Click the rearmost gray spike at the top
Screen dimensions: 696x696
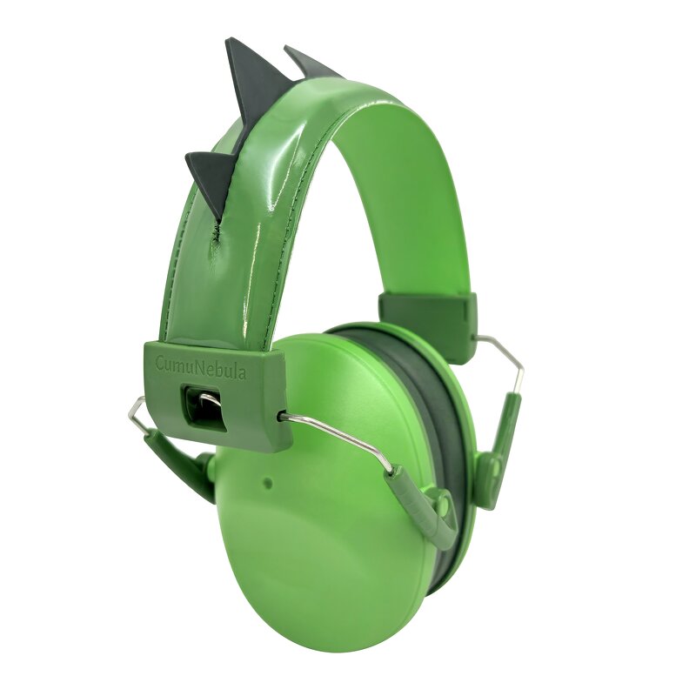tap(308, 65)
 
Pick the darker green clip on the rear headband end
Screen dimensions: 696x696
tap(429, 324)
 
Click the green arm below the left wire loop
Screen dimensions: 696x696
tap(178, 461)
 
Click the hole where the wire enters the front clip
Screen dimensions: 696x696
tap(283, 417)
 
